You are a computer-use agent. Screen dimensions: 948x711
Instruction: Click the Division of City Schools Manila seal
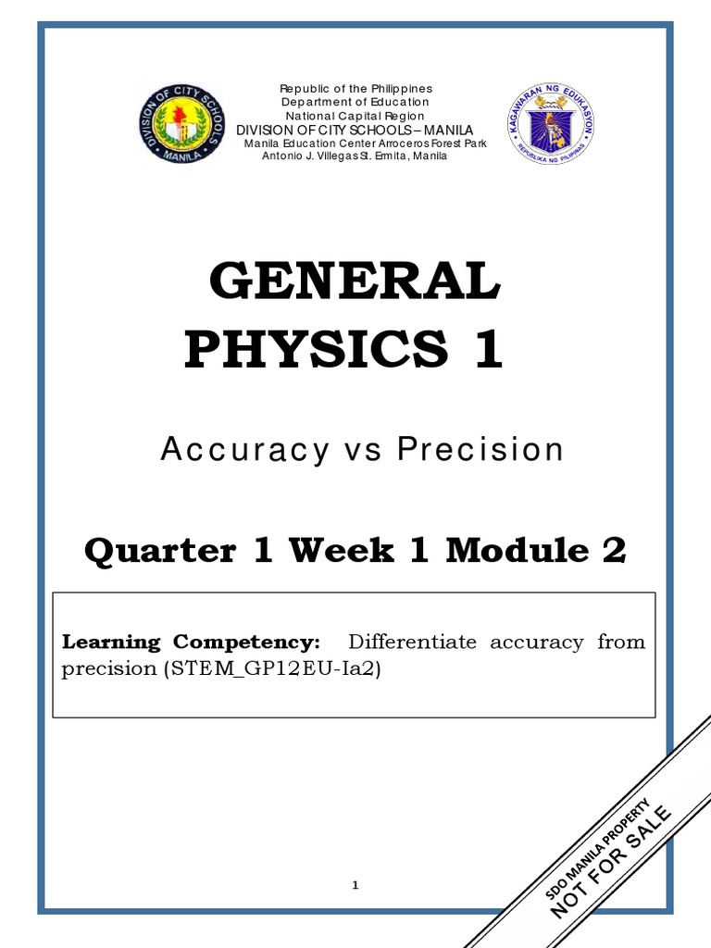point(180,124)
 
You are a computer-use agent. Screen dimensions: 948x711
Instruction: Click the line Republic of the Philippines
point(356,88)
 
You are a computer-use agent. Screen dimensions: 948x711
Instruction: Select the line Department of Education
point(356,102)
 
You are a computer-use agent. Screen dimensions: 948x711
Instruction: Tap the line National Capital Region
point(356,116)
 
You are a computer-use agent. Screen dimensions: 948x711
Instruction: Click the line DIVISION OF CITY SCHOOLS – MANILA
point(355,130)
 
